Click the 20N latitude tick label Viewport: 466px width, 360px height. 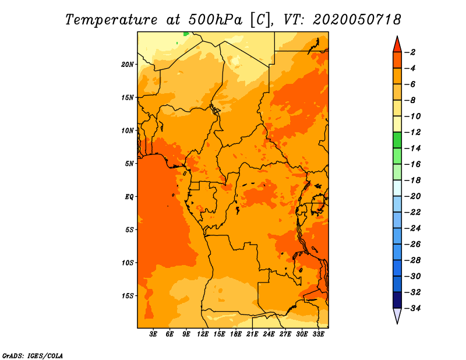127,65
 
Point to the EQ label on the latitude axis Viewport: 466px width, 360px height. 129,197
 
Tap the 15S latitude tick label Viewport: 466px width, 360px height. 127,296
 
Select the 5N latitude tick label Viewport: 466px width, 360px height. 129,164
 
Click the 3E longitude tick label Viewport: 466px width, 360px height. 153,334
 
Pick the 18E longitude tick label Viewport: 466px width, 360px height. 236,334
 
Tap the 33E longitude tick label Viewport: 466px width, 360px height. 318,334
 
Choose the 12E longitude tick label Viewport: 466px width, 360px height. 203,334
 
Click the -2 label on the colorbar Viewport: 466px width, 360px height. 410,52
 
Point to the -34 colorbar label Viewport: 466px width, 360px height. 413,308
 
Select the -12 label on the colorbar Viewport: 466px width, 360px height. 413,132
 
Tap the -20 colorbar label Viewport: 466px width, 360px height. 413,196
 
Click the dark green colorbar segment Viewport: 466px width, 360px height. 397,140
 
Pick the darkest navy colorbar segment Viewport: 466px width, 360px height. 397,300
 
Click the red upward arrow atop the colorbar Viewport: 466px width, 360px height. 397,45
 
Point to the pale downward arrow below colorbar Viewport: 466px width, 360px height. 397,316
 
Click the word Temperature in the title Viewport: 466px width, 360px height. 111,20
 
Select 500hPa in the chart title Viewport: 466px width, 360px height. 216,20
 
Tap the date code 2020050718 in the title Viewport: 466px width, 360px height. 357,20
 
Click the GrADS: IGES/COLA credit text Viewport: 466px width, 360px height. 33,356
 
